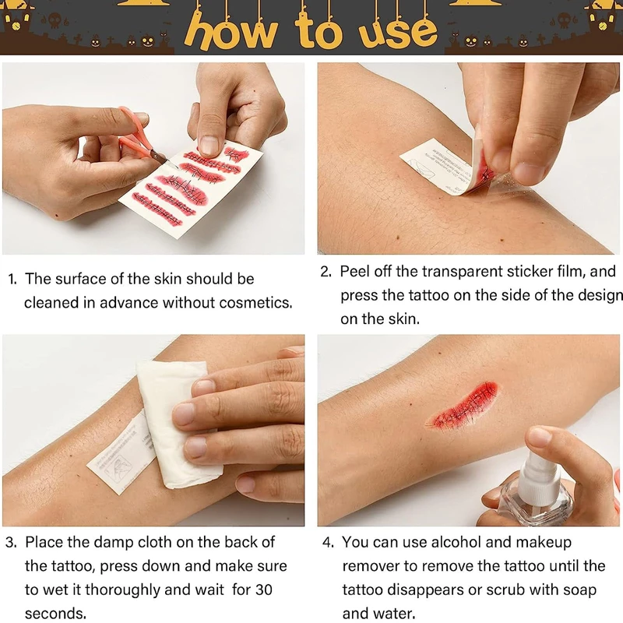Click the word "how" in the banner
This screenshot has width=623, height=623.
231,33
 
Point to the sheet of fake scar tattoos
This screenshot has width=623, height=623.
192,188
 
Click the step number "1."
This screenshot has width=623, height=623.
12,279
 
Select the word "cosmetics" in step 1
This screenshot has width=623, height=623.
255,303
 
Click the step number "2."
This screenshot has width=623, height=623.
326,271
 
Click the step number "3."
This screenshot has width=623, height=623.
11,542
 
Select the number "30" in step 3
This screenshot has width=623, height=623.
263,590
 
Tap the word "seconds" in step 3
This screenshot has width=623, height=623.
55,614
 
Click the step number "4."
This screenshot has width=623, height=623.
328,542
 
